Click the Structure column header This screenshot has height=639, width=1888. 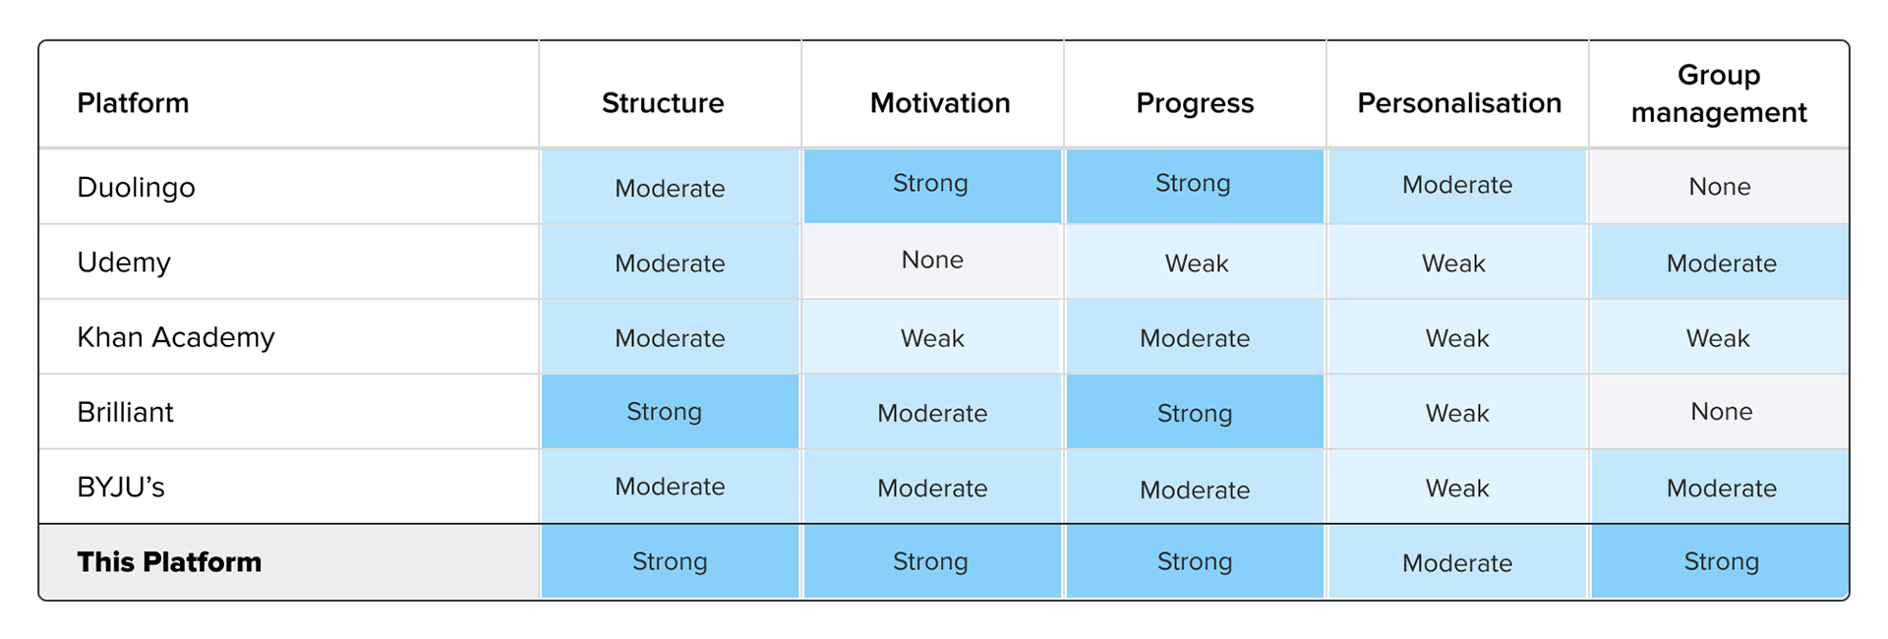click(663, 103)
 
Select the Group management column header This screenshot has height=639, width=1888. click(1719, 93)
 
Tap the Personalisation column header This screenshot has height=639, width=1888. click(1458, 103)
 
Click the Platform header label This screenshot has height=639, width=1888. click(133, 103)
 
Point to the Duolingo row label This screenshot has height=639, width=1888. click(136, 187)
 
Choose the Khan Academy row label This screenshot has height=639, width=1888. click(176, 337)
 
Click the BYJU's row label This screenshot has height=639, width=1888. click(121, 488)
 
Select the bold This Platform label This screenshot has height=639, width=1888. click(169, 562)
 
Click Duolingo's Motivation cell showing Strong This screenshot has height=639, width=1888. click(931, 185)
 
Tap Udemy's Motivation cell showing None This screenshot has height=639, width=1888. click(932, 261)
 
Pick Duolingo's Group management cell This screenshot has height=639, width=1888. click(1719, 187)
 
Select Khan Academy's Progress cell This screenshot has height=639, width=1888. click(1195, 338)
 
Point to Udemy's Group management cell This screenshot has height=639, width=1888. click(1721, 262)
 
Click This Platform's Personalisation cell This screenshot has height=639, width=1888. click(1457, 562)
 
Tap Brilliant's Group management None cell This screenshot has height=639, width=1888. click(1721, 412)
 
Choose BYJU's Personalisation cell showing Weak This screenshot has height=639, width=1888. click(1457, 488)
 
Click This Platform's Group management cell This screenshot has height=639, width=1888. click(1721, 561)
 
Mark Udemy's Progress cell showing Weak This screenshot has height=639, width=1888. click(1196, 262)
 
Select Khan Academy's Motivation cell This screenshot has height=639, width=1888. click(932, 338)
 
